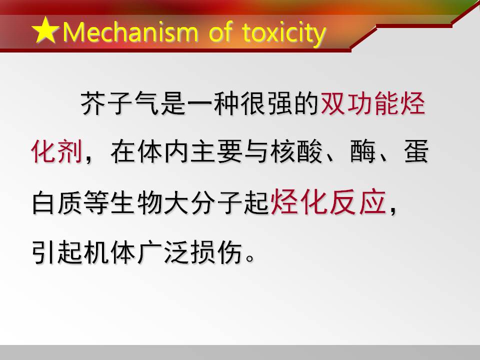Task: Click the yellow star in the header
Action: click(x=45, y=30)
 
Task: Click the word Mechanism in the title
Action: click(x=130, y=32)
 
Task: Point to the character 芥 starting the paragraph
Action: click(x=93, y=103)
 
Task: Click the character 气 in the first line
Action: click(x=146, y=103)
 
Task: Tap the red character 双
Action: click(x=333, y=103)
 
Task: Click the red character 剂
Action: click(x=70, y=151)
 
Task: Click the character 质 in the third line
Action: click(x=70, y=201)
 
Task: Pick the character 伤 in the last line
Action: click(x=230, y=252)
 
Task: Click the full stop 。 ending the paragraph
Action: click(x=250, y=258)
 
